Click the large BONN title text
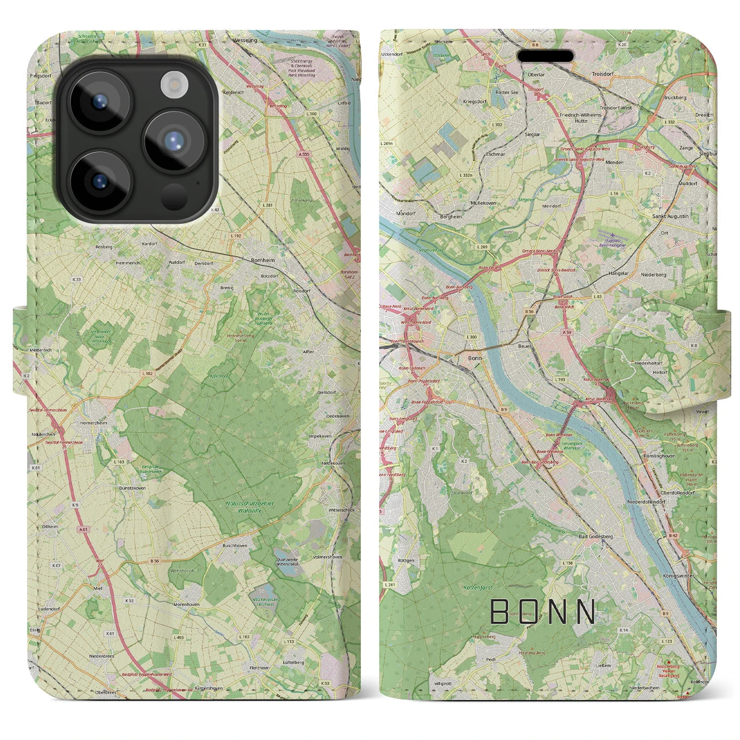point(543,612)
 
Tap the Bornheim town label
point(263,261)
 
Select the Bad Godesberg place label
point(596,536)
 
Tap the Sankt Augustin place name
point(670,216)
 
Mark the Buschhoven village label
point(235,545)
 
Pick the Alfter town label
point(309,351)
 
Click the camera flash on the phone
point(171,84)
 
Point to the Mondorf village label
point(391,212)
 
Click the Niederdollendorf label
point(646,502)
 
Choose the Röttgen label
point(406,560)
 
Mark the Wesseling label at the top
point(245,42)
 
